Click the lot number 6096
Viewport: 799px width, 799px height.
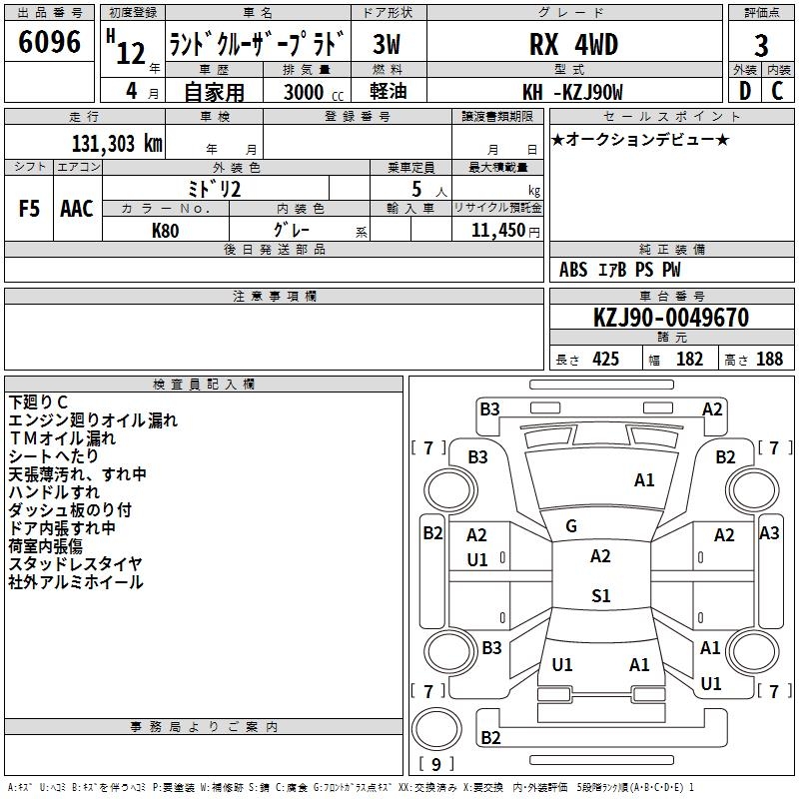click(x=50, y=43)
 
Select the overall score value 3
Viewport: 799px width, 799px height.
click(x=761, y=45)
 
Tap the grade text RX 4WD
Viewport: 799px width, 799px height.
click(x=572, y=45)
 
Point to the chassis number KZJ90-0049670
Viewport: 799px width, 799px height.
click(x=670, y=319)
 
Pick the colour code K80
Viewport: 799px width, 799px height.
click(x=167, y=230)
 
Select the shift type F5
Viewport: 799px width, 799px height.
click(x=30, y=209)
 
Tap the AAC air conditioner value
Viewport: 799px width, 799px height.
click(x=77, y=209)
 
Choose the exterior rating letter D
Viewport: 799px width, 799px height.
click(x=744, y=91)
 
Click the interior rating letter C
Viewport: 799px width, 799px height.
click(x=777, y=91)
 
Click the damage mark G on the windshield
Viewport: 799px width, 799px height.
click(x=571, y=526)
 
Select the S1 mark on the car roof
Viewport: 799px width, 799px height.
click(x=600, y=596)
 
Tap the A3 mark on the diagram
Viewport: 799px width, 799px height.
click(x=769, y=533)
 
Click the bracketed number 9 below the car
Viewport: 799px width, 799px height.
click(x=435, y=765)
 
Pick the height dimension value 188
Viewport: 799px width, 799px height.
click(x=769, y=360)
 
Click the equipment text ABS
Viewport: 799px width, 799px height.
click(x=573, y=270)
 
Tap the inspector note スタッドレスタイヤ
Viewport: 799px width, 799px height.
click(x=76, y=564)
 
